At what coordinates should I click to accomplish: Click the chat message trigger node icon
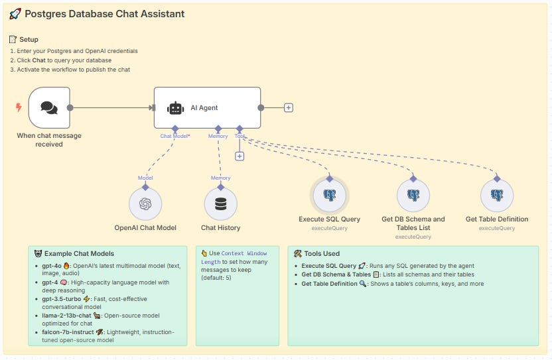click(49, 107)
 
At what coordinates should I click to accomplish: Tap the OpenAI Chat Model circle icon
click(145, 204)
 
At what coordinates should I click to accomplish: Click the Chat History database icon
click(221, 204)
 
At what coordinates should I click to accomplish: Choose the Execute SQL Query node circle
click(329, 196)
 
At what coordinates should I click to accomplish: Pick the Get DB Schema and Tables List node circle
click(413, 196)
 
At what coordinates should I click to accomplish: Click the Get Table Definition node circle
click(497, 196)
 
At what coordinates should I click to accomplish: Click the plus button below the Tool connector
click(240, 156)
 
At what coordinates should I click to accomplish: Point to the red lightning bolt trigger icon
click(19, 107)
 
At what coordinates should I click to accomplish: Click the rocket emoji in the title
click(15, 14)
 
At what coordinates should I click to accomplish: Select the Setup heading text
click(29, 39)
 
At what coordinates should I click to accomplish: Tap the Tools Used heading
click(322, 253)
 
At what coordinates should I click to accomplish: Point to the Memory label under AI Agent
click(218, 136)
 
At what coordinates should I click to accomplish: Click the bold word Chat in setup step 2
click(38, 60)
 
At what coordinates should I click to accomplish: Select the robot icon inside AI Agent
click(175, 108)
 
